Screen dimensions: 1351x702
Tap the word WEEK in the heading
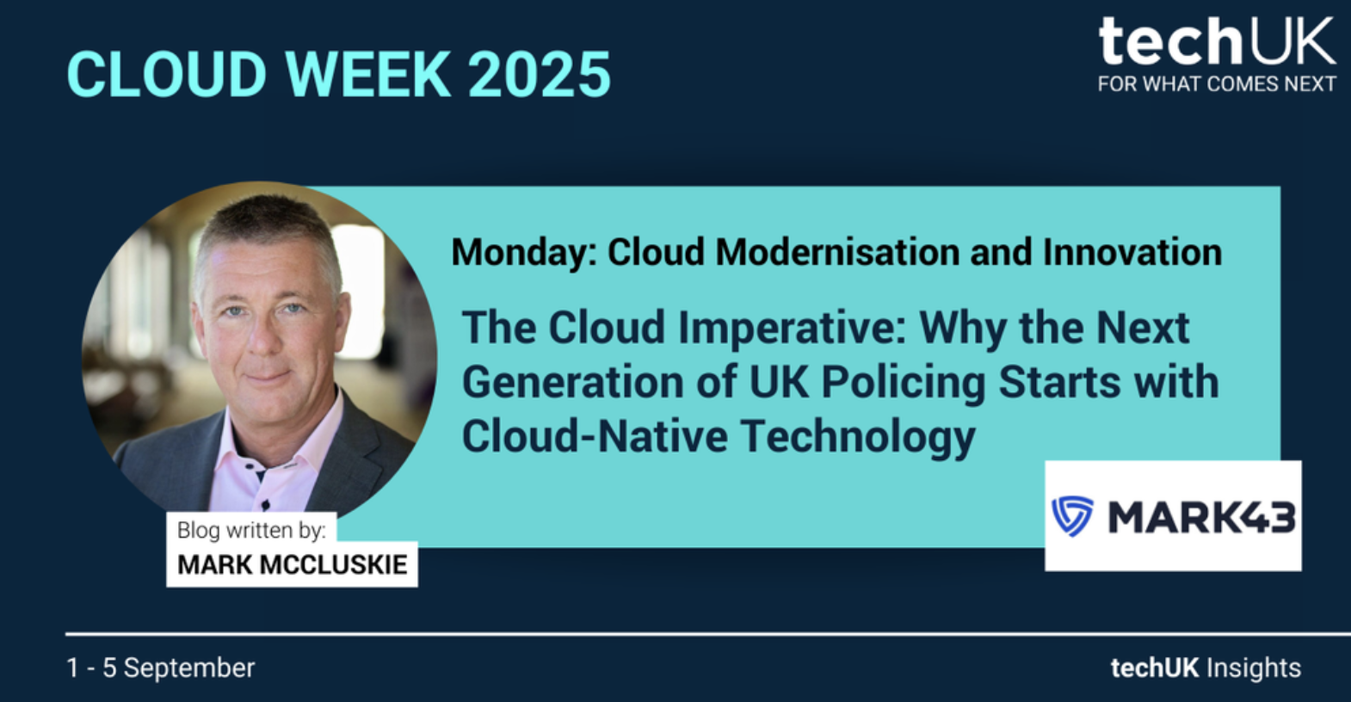click(368, 75)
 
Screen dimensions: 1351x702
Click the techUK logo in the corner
click(1217, 54)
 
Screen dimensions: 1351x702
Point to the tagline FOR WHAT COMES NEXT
click(1217, 83)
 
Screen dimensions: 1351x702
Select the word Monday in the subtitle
click(523, 252)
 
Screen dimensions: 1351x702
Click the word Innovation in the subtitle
click(1132, 251)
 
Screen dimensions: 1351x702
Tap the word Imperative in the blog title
click(792, 329)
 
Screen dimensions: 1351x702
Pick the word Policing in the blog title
click(903, 383)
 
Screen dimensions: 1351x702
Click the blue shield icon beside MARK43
click(1072, 516)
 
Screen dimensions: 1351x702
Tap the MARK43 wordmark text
click(1201, 517)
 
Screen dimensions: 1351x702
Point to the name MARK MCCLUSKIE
click(293, 565)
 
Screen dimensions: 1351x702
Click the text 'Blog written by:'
click(251, 531)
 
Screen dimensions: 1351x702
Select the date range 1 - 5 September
click(161, 668)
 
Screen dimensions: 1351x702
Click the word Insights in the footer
click(1253, 668)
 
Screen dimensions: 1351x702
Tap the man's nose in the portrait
click(264, 338)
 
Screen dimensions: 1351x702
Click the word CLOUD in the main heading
click(167, 75)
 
